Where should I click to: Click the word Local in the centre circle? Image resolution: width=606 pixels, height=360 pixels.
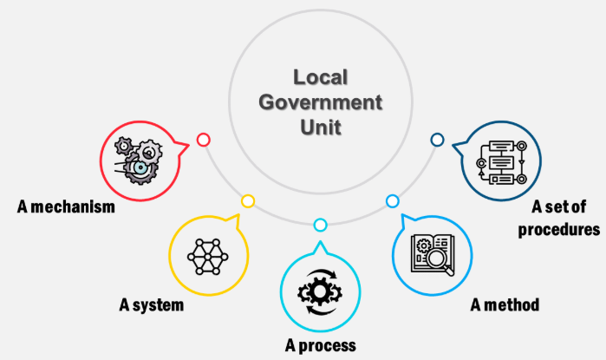tap(320, 77)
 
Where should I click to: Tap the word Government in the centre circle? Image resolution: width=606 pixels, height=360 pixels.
tap(320, 102)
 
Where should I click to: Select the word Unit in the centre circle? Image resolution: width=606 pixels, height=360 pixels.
tap(320, 127)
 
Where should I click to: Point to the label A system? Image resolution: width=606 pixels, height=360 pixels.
tap(153, 305)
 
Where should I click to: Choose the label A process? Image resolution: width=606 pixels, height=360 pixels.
tap(321, 346)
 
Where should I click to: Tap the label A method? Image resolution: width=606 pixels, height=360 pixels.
tap(505, 304)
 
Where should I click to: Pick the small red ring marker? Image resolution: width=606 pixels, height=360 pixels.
tap(203, 139)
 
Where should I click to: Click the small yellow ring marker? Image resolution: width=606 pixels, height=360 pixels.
tap(248, 201)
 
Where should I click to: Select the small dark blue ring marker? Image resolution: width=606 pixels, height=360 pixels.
tap(437, 139)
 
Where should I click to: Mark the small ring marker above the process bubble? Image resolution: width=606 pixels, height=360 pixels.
tap(320, 226)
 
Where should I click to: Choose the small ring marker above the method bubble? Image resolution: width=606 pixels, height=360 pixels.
tap(392, 201)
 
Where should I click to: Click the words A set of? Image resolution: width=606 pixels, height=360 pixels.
tap(558, 207)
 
